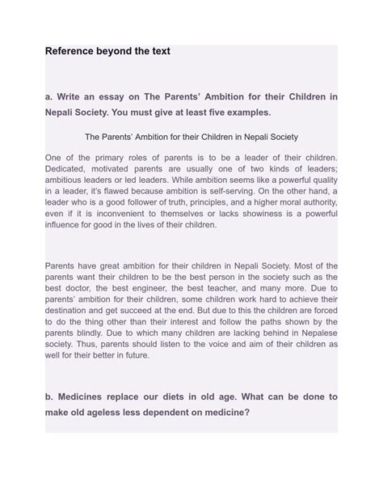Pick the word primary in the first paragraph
click(116, 155)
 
